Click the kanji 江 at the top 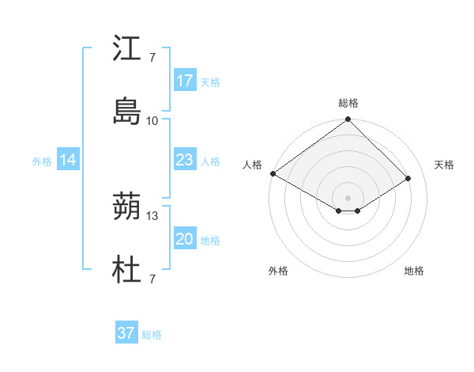coord(127,49)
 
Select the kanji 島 coord(127,112)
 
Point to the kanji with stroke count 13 coord(127,207)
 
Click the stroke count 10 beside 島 coord(152,120)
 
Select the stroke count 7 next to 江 coord(152,58)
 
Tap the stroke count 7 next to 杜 coord(152,279)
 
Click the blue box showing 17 coord(185,81)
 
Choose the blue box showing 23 coord(185,160)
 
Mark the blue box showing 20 coord(185,239)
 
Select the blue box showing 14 coord(68,160)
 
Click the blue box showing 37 coord(126,333)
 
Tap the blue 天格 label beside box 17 coord(210,82)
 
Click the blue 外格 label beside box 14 coord(42,161)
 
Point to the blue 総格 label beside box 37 coord(152,335)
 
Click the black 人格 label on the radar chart coord(252,165)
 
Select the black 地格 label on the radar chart coord(414,271)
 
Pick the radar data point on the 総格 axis coord(348,120)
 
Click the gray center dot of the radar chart coord(348,197)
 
